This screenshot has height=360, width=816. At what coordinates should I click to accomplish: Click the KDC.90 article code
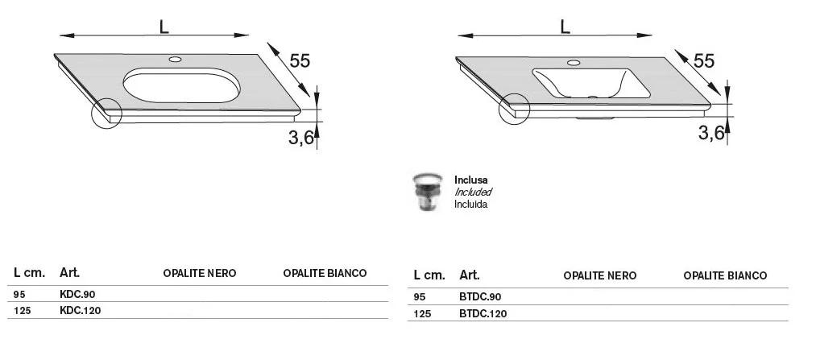click(77, 295)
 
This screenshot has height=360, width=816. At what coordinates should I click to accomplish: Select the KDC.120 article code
click(80, 311)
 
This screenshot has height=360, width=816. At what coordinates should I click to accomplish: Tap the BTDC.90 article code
click(480, 297)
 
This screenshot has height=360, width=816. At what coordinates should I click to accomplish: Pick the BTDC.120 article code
click(483, 314)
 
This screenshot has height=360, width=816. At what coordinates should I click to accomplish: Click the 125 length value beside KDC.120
click(21, 311)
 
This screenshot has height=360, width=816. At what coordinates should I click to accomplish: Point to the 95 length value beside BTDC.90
click(420, 297)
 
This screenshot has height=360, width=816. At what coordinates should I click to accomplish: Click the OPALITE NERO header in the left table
click(200, 273)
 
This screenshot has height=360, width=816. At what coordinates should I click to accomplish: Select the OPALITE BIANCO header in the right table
click(725, 275)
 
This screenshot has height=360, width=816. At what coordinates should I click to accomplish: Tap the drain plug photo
click(427, 192)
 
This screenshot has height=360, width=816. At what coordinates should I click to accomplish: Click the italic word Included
click(473, 192)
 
